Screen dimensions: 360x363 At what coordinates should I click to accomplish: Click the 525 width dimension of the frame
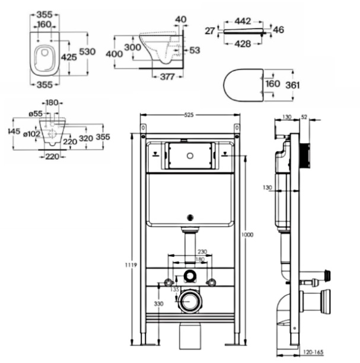point(189,115)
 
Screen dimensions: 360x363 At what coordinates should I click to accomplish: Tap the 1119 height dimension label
point(131,265)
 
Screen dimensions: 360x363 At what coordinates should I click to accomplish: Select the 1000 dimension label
point(247,235)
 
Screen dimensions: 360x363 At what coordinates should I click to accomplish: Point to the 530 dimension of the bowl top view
point(87,52)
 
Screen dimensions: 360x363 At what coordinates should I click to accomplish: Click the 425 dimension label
point(69,57)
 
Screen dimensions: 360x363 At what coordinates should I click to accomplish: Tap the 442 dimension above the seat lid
point(243,21)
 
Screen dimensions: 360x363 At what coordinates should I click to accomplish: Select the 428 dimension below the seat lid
point(243,44)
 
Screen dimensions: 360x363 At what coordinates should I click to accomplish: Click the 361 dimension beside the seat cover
point(292,85)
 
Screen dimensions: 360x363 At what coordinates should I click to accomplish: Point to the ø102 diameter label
point(31,134)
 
